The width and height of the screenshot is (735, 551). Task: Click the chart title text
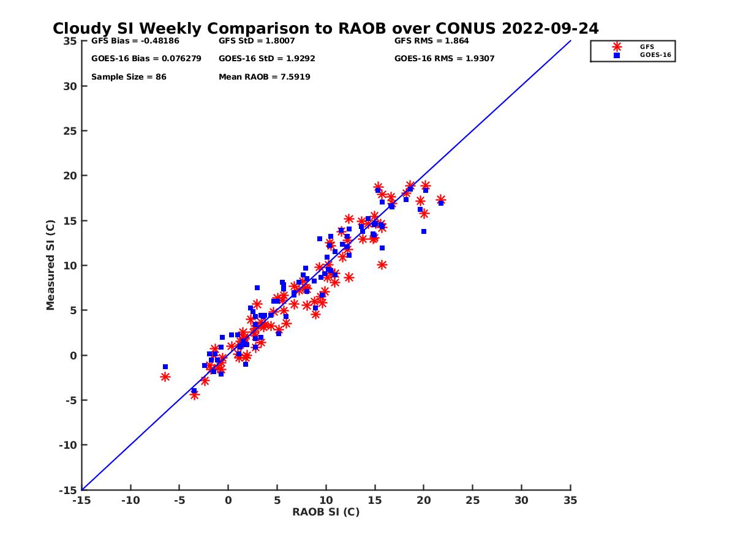pyautogui.click(x=325, y=29)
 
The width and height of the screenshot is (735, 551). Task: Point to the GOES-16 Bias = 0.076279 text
pyautogui.click(x=146, y=59)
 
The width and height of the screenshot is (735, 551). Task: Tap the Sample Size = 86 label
pyautogui.click(x=129, y=77)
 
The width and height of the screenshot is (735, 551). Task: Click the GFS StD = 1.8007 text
pyautogui.click(x=257, y=42)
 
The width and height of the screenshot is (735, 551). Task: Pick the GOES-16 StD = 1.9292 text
pyautogui.click(x=266, y=59)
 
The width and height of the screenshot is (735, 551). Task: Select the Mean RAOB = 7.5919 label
pyautogui.click(x=264, y=77)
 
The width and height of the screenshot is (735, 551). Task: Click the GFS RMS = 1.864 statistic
pyautogui.click(x=431, y=42)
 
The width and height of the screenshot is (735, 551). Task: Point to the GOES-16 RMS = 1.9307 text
pyautogui.click(x=444, y=59)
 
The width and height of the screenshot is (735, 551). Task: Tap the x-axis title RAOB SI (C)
pyautogui.click(x=326, y=512)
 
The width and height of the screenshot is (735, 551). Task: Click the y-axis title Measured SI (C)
pyautogui.click(x=51, y=266)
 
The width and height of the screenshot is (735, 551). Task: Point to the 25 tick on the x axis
pyautogui.click(x=472, y=500)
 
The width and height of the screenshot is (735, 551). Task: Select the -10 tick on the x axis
pyautogui.click(x=130, y=500)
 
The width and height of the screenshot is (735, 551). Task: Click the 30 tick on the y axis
pyautogui.click(x=69, y=86)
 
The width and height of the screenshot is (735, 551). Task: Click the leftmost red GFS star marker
pyautogui.click(x=165, y=377)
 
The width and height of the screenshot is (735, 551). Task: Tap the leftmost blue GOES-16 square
pyautogui.click(x=165, y=367)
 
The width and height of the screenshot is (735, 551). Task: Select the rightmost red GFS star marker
pyautogui.click(x=441, y=200)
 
